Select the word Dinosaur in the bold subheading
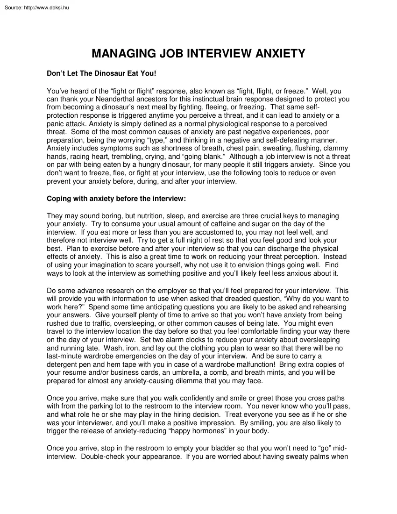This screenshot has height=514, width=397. coord(106,73)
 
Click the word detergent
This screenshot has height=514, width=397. coord(63,364)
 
